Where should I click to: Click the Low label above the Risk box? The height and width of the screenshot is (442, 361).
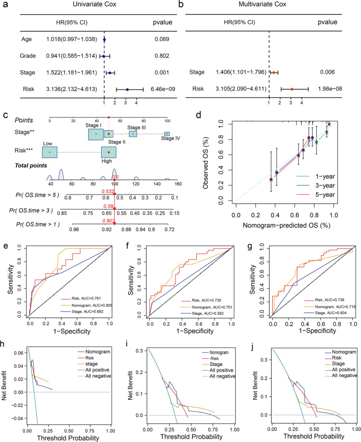click(47, 143)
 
